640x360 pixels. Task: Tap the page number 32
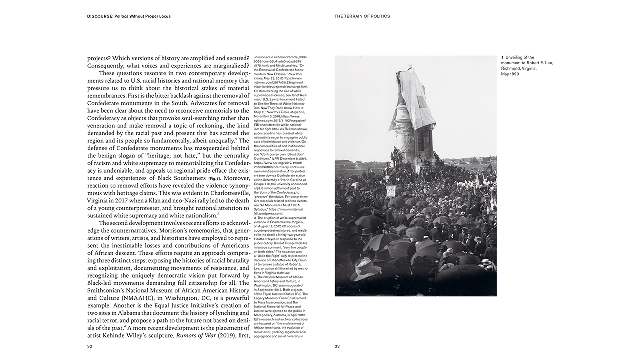tap(90, 346)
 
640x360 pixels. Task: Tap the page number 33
tap(337, 346)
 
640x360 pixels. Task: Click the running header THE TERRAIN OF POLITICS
tap(362, 16)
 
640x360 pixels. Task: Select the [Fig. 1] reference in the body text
tap(214, 178)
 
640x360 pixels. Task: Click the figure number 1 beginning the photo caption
tap(502, 57)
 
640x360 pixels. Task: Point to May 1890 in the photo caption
tap(510, 74)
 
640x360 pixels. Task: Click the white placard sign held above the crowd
tap(392, 190)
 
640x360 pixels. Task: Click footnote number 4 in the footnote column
tap(255, 276)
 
